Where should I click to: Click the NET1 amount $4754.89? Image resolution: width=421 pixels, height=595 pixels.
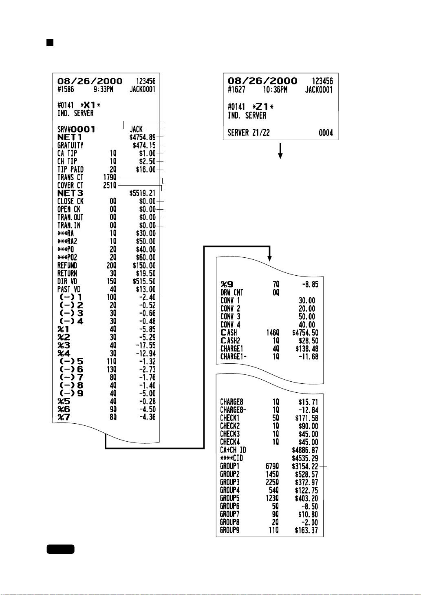142,137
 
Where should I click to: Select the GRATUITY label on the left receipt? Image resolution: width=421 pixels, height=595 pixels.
70,146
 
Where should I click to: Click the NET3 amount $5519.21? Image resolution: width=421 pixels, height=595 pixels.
142,193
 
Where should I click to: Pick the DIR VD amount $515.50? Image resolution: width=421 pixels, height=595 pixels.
144,281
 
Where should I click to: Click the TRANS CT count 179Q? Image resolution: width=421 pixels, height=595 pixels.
110,177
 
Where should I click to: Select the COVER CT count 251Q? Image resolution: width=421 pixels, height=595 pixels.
110,186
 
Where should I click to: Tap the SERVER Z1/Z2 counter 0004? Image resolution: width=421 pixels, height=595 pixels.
326,133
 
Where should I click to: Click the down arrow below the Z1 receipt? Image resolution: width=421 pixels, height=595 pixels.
280,151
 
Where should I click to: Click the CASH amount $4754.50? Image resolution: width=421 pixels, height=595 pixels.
305,333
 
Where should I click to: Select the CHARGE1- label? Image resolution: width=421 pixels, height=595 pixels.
233,357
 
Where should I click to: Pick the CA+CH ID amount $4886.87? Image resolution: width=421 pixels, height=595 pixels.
305,450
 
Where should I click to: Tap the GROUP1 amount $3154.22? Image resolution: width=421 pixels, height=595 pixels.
305,466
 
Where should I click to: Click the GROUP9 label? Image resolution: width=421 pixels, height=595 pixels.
229,531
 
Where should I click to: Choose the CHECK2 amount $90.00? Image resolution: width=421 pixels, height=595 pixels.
308,426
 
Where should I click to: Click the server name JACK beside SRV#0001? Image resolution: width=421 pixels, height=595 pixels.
136,129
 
